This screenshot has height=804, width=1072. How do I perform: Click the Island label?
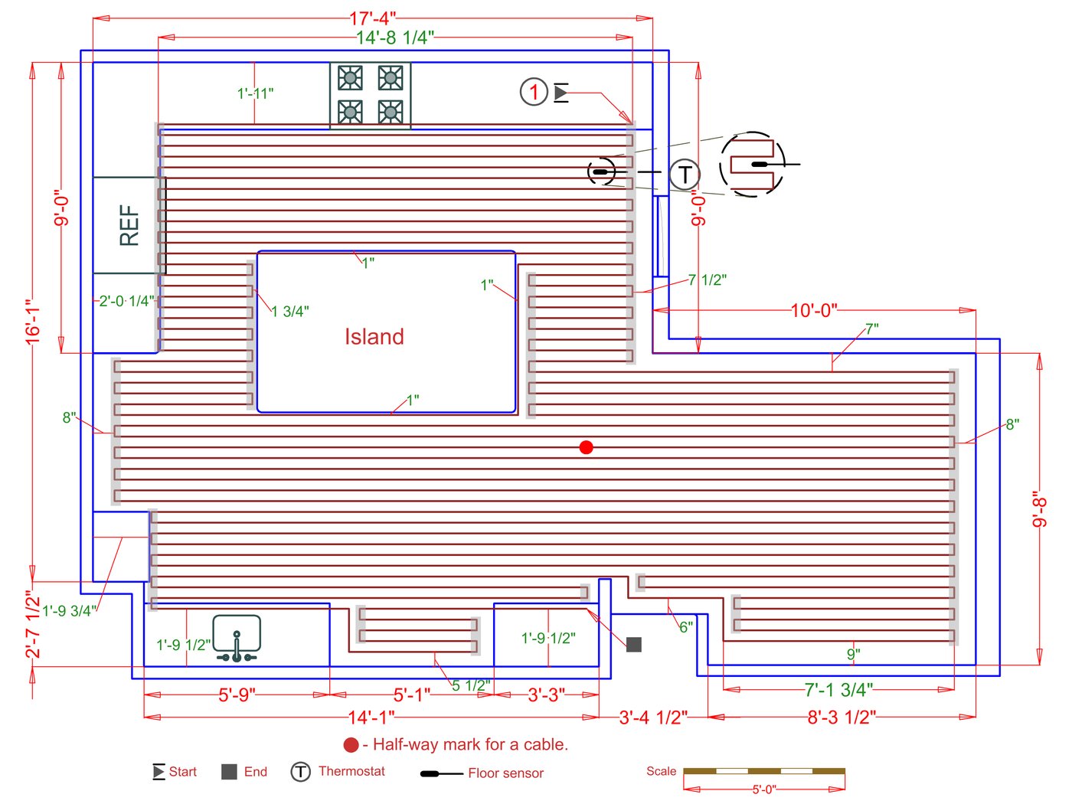(x=374, y=337)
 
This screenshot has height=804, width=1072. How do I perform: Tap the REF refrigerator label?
(x=129, y=225)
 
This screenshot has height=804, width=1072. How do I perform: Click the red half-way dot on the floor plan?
(x=586, y=447)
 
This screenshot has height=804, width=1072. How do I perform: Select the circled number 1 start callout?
(x=534, y=92)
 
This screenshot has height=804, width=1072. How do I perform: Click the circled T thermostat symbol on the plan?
(x=685, y=175)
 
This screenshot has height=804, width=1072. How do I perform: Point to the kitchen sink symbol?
(x=237, y=637)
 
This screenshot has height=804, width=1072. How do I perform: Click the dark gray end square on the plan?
(x=634, y=644)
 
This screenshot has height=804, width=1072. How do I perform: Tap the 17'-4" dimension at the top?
(x=373, y=18)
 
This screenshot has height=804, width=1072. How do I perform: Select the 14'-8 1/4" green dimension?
(x=395, y=37)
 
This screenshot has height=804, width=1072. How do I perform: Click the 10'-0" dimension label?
(x=814, y=310)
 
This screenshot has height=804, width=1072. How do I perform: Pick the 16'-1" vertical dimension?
(x=33, y=322)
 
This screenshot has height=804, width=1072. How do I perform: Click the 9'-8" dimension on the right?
(x=1039, y=510)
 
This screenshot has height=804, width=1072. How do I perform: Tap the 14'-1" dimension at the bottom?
(x=371, y=717)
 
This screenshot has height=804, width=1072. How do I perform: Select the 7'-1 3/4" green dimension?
(x=838, y=689)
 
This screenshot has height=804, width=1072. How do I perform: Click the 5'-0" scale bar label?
(x=763, y=789)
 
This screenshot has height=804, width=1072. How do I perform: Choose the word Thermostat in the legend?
(x=351, y=771)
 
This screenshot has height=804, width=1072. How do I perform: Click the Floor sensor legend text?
(x=505, y=773)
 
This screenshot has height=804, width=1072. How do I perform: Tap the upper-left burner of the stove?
(x=350, y=77)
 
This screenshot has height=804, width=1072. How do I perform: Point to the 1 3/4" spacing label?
(x=289, y=311)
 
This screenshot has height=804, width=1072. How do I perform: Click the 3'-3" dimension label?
(x=547, y=695)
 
